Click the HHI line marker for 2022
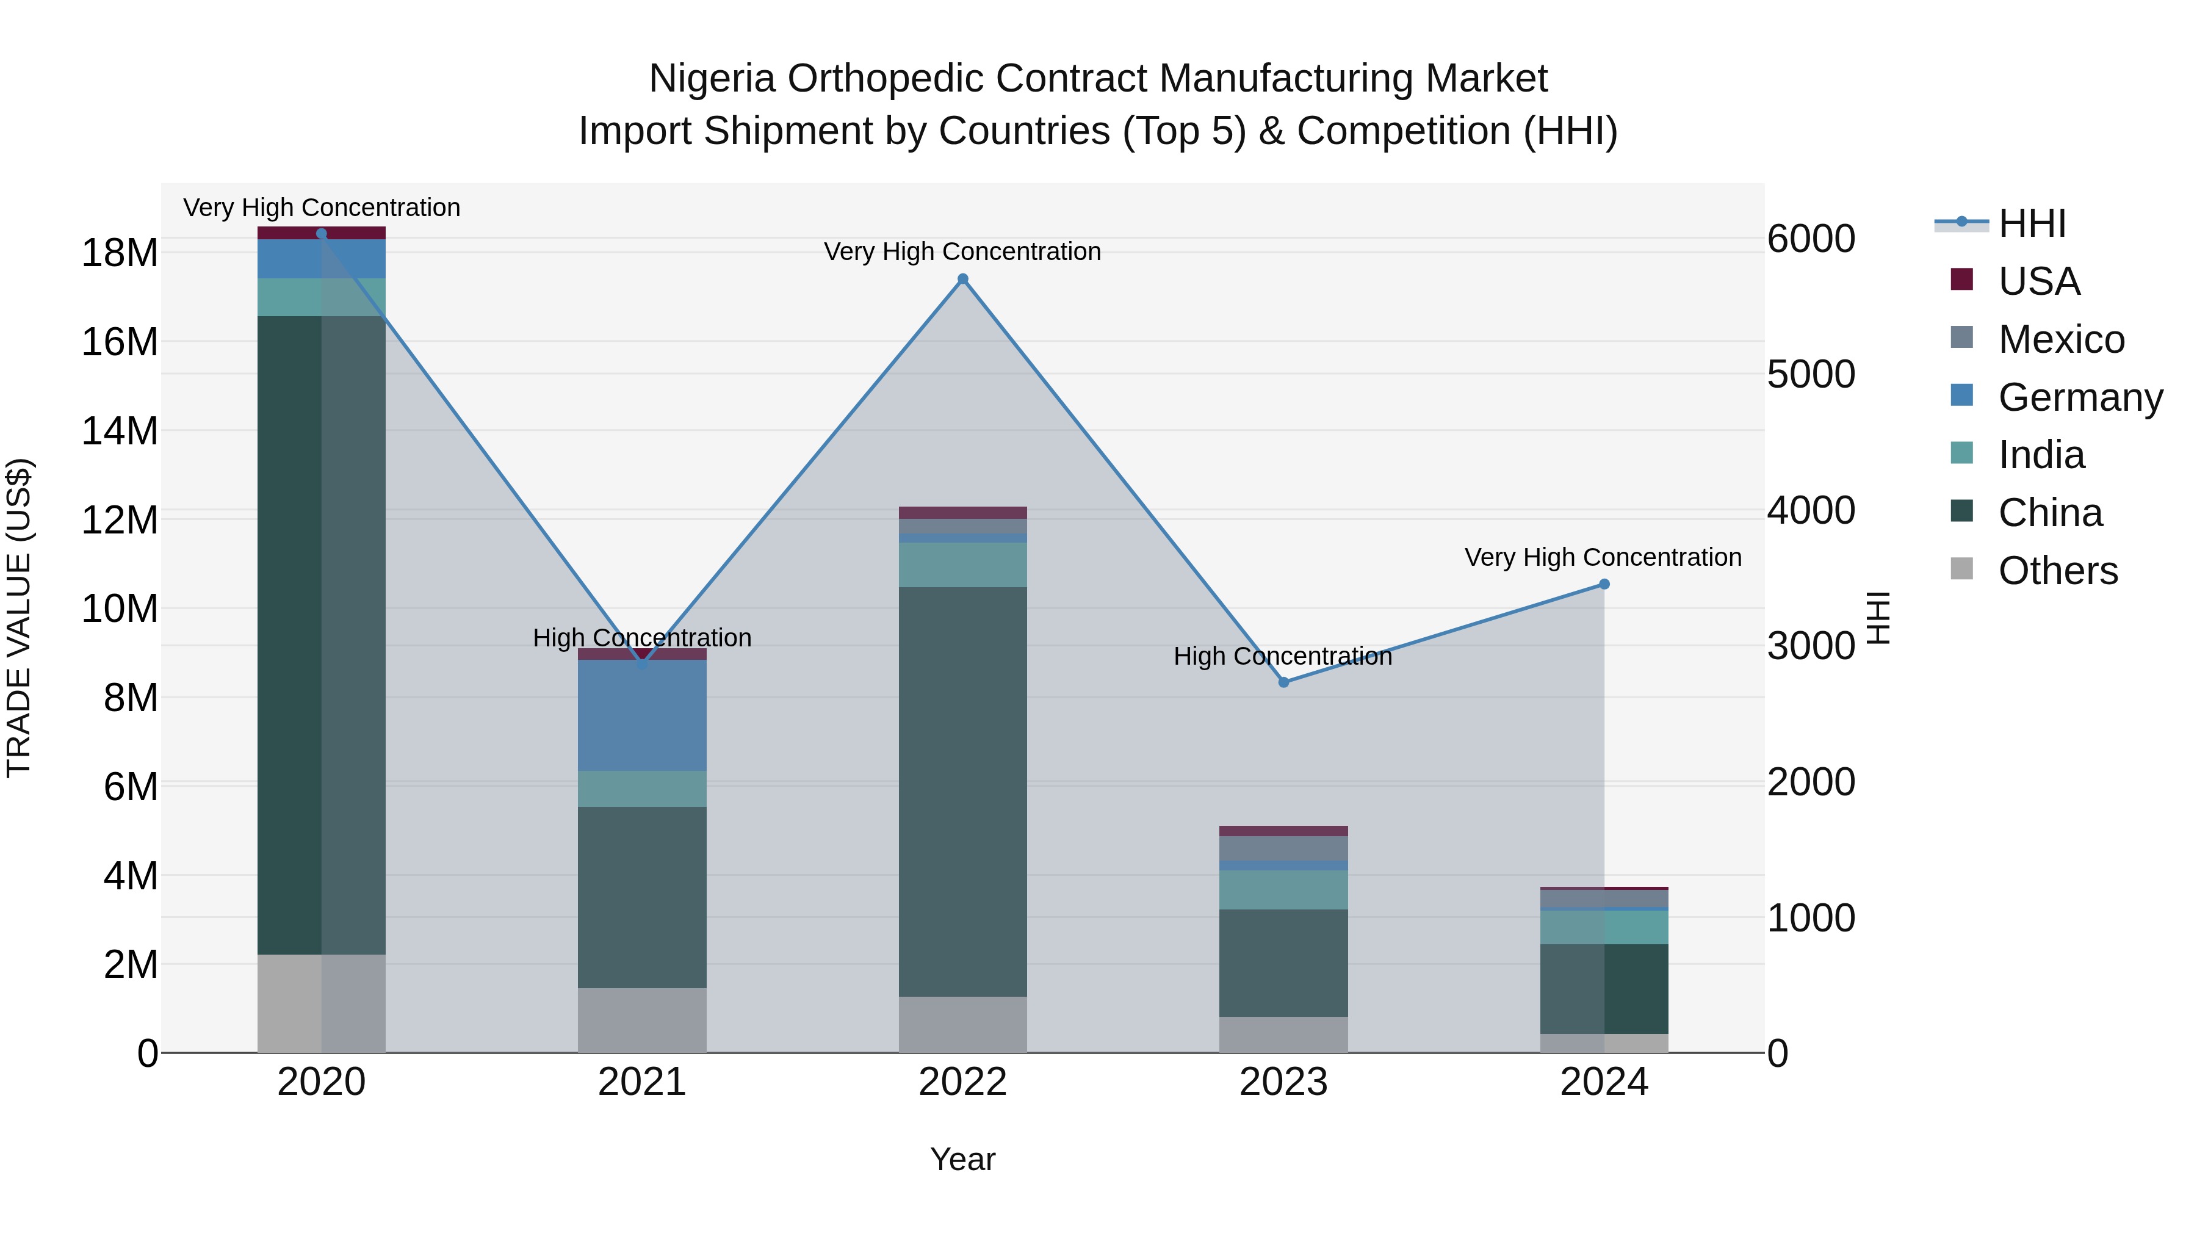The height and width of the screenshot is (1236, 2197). pos(963,279)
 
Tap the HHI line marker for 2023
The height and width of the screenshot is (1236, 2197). pos(1283,682)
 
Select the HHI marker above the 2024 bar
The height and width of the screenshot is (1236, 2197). pos(1604,584)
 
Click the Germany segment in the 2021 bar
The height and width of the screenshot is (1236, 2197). pos(642,715)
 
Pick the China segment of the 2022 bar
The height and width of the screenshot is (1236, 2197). pos(963,792)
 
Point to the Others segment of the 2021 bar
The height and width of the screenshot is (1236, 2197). pos(642,1020)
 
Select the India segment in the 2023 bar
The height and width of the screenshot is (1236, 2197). pos(1283,890)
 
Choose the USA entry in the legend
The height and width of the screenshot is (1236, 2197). pos(2038,281)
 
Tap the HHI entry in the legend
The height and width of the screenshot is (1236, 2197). pos(2032,223)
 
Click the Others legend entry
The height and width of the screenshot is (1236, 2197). pos(2057,571)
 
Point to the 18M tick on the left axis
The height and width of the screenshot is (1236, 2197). pos(120,253)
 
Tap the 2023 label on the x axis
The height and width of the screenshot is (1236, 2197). pos(1283,1082)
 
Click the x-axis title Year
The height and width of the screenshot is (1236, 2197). pos(963,1159)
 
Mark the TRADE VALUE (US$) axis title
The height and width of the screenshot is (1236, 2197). pos(19,618)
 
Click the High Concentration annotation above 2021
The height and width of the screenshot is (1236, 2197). pos(642,637)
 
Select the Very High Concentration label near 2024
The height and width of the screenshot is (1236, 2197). pos(1603,557)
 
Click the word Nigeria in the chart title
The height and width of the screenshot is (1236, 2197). pos(712,79)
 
